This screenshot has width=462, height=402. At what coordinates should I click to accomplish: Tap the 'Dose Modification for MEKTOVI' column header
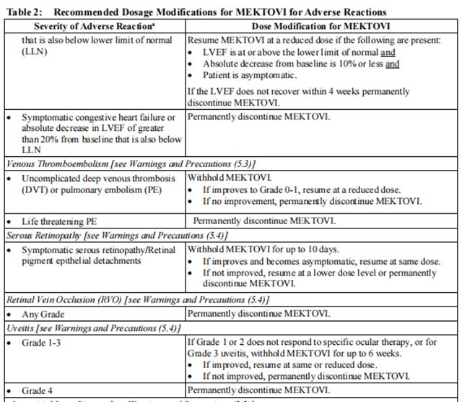(321, 25)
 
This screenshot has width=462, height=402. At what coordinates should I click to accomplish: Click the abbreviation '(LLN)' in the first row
(34, 53)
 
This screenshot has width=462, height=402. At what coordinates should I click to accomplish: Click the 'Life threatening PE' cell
(64, 221)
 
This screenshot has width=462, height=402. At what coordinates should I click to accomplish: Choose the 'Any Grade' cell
(43, 314)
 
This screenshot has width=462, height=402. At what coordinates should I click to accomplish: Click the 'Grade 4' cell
(38, 390)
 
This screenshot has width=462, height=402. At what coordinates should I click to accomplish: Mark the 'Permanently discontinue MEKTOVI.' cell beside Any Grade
(258, 314)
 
